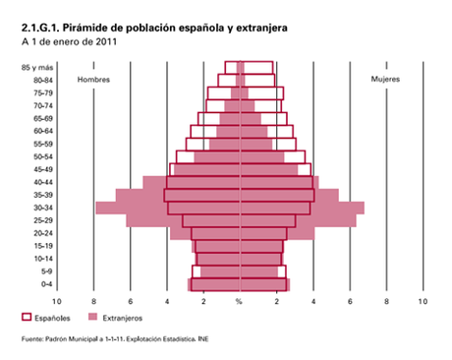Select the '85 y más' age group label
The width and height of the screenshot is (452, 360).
tap(38, 67)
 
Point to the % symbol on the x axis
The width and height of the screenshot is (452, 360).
tap(239, 301)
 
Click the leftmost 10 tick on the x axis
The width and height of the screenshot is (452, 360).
tap(57, 301)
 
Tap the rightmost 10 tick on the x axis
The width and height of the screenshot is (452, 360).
tap(423, 301)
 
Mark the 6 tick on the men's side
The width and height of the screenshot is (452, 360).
tap(130, 301)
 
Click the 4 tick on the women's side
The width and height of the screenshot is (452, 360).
tap(312, 301)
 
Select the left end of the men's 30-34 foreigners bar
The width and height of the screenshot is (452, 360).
tap(96, 208)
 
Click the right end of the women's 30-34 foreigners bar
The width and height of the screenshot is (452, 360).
tap(365, 208)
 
